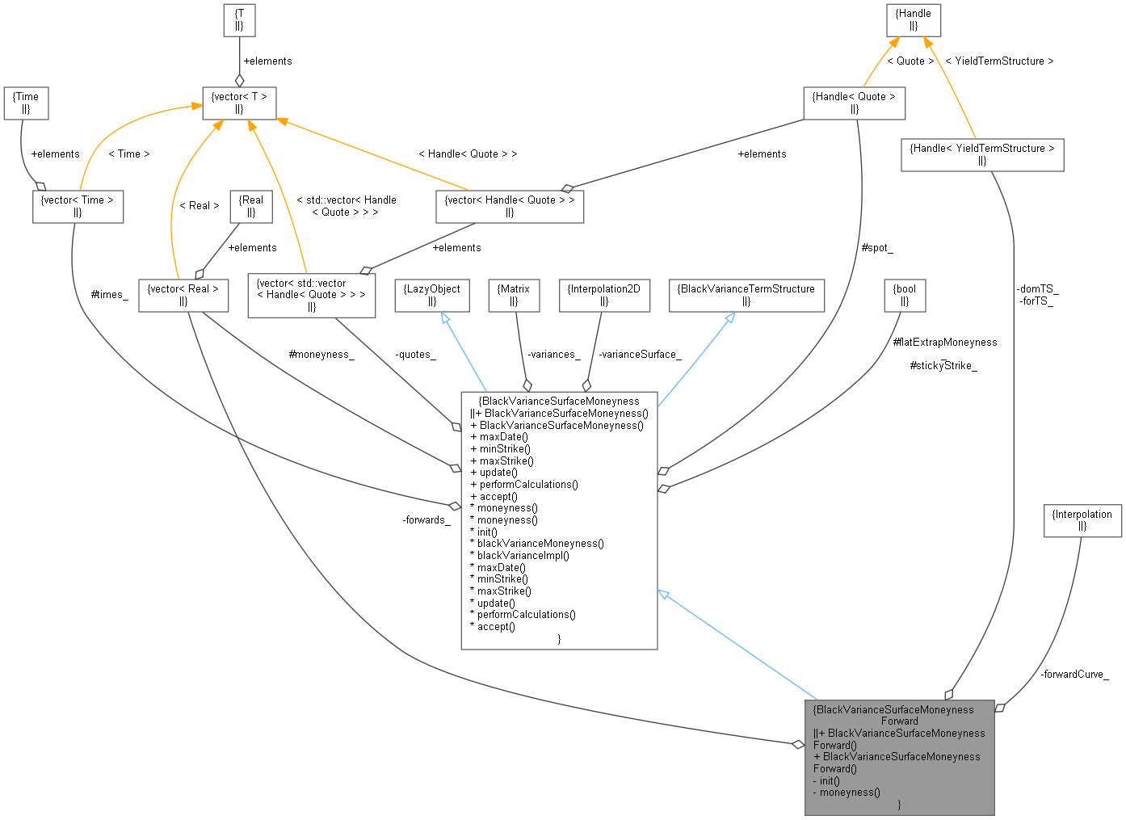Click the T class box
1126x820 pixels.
(x=239, y=19)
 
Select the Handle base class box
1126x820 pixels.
(x=914, y=19)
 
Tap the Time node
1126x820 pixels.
(x=26, y=103)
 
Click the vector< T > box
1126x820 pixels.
(x=239, y=103)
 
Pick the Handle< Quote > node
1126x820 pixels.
(x=855, y=103)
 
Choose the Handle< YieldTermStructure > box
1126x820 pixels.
(x=982, y=154)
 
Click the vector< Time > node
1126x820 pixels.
(x=78, y=206)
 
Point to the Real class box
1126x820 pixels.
(x=251, y=206)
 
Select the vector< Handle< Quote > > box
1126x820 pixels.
(x=510, y=206)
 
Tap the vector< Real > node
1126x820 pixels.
(x=183, y=295)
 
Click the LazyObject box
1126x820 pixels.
(x=432, y=295)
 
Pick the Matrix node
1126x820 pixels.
(x=514, y=295)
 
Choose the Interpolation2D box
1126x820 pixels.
(x=604, y=295)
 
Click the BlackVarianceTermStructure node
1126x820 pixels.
(x=746, y=295)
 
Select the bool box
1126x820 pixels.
(x=905, y=295)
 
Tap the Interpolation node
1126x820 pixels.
(x=1082, y=520)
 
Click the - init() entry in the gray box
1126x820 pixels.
(x=827, y=780)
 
